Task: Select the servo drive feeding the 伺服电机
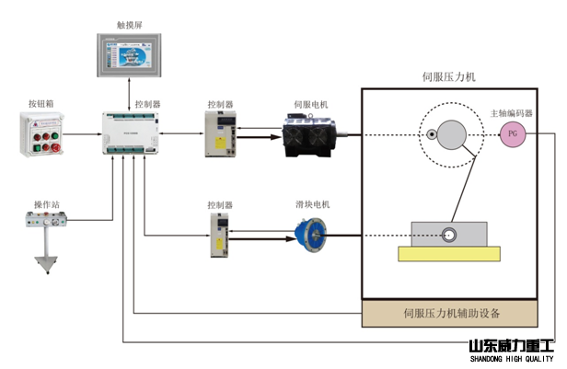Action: (x=220, y=134)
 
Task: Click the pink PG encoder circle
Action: (x=511, y=136)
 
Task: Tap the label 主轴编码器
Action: (x=511, y=114)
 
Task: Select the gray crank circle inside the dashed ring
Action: (x=452, y=136)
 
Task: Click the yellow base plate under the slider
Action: (x=448, y=252)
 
